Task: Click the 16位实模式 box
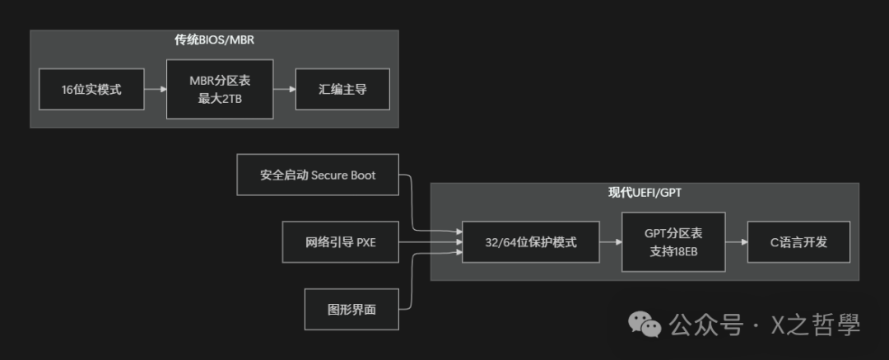[x=91, y=89]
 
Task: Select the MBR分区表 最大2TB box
[x=220, y=89]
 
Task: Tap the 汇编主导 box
[x=342, y=89]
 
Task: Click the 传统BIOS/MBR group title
[x=214, y=40]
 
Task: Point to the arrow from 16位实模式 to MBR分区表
[x=155, y=89]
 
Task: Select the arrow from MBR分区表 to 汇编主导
[x=284, y=89]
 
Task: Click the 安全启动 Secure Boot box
[x=318, y=175]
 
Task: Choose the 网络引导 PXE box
[x=340, y=242]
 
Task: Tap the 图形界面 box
[x=351, y=310]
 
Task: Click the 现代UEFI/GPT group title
[x=645, y=193]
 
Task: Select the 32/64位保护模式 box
[x=530, y=242]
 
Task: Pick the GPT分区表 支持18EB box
[x=673, y=242]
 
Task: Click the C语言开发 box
[x=798, y=242]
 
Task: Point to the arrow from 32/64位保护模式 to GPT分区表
[x=610, y=242]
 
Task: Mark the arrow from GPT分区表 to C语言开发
[x=736, y=242]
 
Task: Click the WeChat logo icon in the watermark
[x=645, y=324]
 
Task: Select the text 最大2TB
[x=220, y=98]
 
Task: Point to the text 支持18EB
[x=673, y=251]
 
